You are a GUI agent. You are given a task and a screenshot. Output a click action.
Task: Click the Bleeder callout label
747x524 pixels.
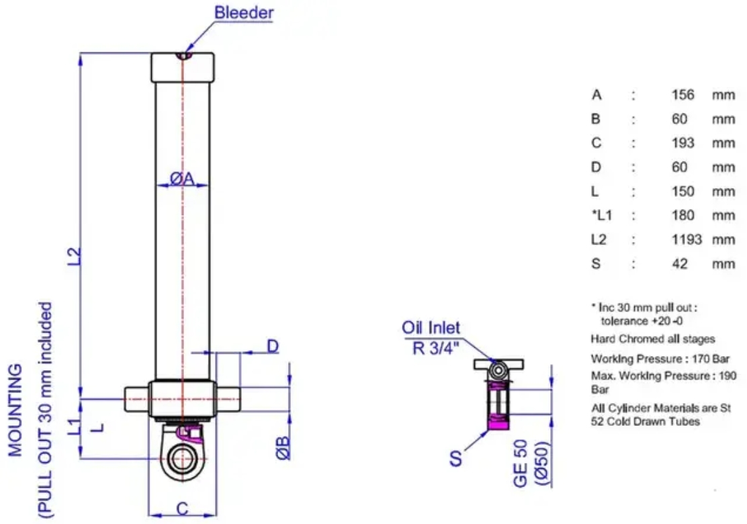244,12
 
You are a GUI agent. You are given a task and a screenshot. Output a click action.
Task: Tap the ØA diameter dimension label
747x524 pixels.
183,179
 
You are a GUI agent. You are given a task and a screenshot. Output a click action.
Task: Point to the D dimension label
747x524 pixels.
273,347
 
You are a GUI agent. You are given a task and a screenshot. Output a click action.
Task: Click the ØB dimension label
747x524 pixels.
283,448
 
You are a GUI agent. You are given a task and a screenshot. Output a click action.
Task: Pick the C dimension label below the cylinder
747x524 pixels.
183,509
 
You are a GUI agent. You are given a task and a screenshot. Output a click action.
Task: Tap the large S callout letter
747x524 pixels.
455,458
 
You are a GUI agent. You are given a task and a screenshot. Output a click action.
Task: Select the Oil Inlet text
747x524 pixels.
431,328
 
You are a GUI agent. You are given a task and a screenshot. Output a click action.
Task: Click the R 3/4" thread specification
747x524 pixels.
435,348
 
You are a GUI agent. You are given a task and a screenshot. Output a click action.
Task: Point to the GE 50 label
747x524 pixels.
521,464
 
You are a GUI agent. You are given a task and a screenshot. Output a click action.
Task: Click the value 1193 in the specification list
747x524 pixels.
687,239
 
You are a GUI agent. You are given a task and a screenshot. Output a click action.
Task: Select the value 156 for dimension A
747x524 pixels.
683,94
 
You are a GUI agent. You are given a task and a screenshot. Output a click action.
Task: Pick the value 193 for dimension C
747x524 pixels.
683,142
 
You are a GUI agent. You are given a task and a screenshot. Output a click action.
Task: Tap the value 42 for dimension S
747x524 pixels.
679,263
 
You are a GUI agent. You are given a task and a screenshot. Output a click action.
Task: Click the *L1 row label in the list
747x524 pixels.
602,216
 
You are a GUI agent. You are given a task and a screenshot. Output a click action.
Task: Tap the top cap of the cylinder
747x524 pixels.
183,67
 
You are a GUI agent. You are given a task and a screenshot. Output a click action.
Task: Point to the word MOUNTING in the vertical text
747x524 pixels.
15,410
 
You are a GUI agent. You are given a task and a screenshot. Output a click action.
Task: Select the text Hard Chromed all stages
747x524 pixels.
653,339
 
